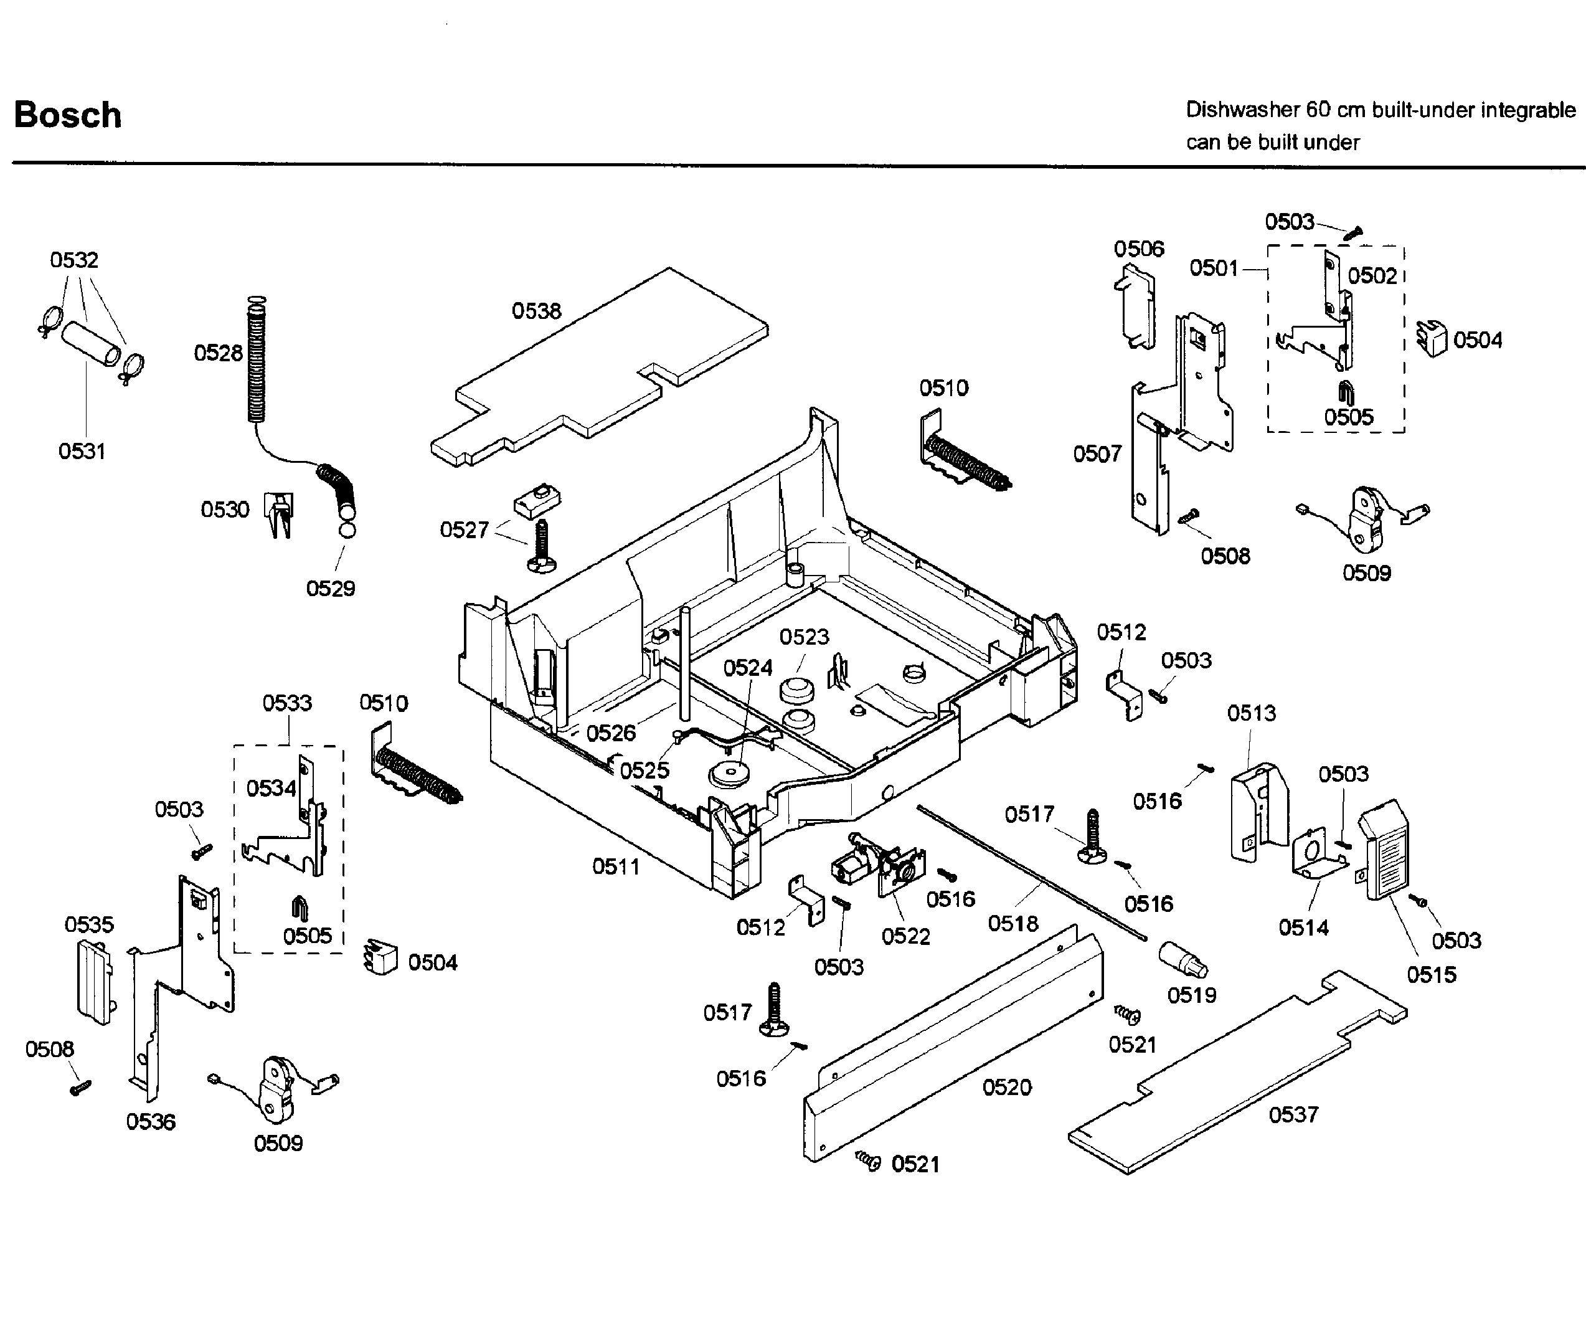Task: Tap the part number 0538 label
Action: click(536, 311)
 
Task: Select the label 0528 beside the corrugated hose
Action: click(219, 353)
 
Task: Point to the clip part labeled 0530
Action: click(279, 513)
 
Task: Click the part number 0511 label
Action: click(615, 866)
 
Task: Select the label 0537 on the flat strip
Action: click(1293, 1114)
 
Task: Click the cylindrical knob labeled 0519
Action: click(1182, 961)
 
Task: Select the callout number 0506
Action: click(1139, 249)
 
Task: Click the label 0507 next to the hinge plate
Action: click(1097, 453)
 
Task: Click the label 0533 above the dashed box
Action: click(287, 703)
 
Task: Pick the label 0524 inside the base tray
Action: click(748, 667)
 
